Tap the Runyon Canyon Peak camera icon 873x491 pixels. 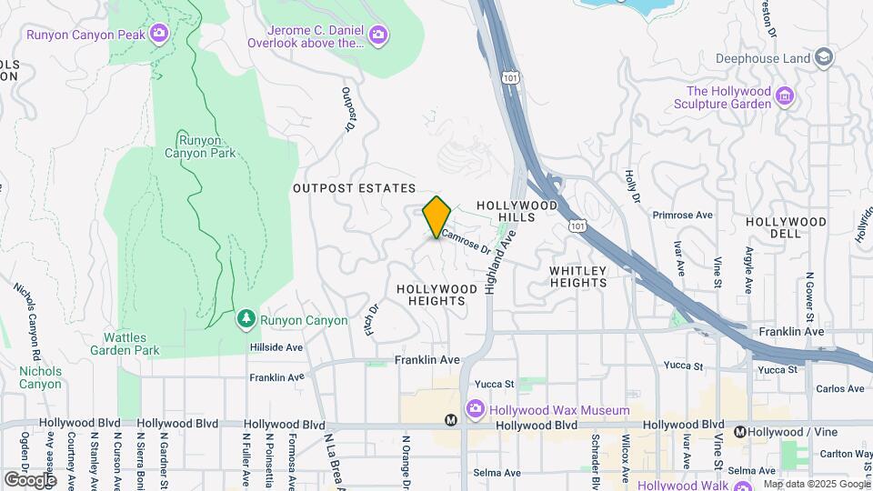(160, 35)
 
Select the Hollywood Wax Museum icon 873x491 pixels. (475, 410)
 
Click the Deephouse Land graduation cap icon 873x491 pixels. (824, 58)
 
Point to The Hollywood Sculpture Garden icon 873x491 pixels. (785, 96)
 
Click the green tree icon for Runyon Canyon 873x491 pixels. (245, 319)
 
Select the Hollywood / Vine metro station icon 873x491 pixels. (741, 432)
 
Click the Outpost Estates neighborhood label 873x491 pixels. (354, 188)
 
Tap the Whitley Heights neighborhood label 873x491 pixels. (577, 276)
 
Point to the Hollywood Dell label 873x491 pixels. (786, 228)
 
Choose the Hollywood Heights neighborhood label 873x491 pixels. (436, 295)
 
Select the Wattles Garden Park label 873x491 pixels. (125, 344)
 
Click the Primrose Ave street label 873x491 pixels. (682, 215)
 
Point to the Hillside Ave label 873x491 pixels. (276, 347)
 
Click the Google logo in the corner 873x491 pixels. (30, 479)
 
